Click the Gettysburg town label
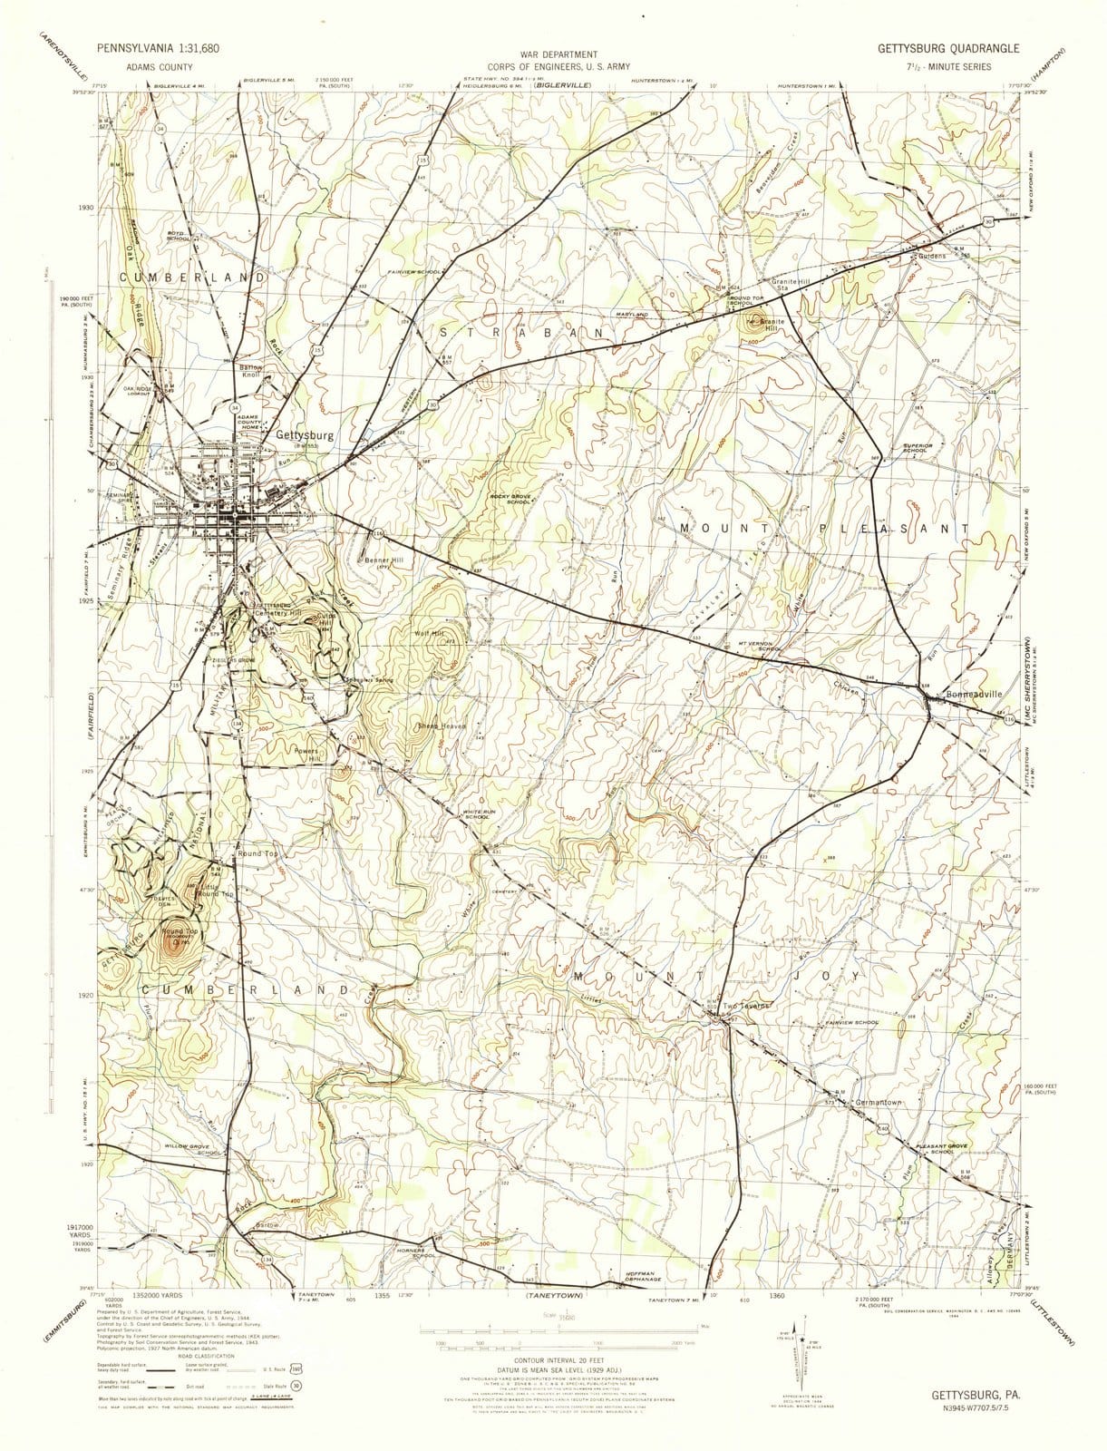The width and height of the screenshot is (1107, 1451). [305, 435]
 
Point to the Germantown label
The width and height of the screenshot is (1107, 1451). [879, 1103]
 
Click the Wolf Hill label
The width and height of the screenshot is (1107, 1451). [430, 633]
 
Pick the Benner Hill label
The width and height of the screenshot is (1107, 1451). [384, 560]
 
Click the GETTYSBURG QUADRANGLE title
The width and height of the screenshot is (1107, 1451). [947, 49]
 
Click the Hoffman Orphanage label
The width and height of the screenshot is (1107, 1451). [647, 1276]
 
